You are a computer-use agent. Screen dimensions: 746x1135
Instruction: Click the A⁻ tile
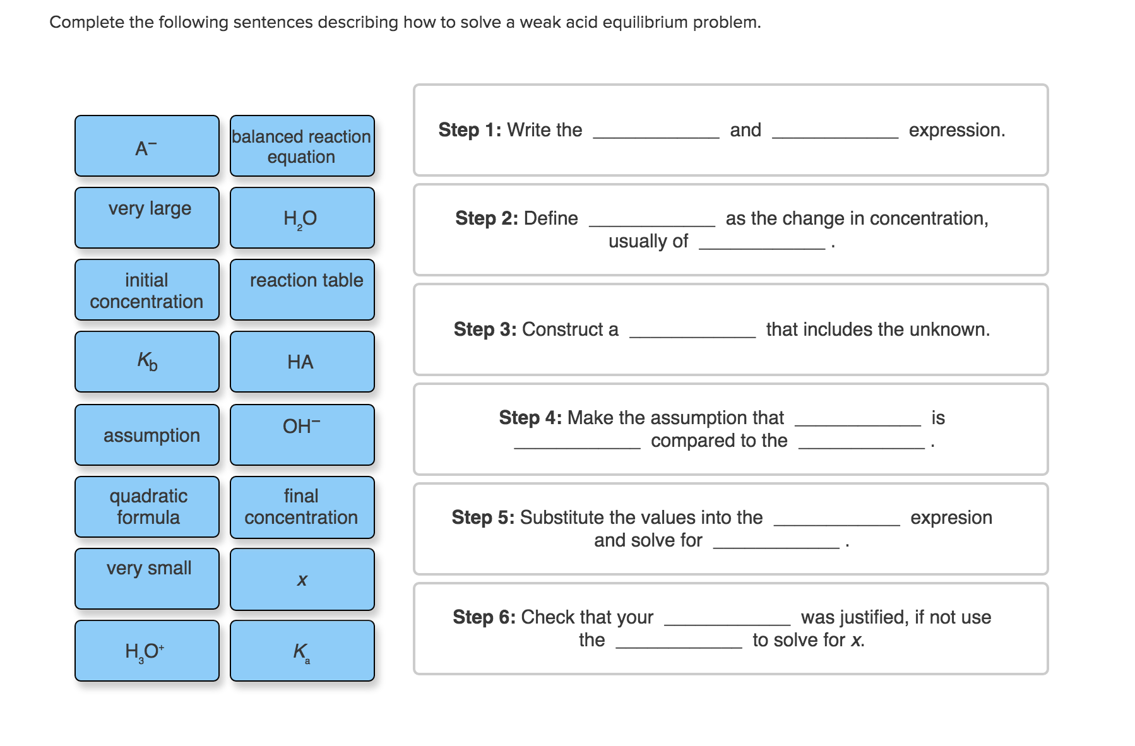pyautogui.click(x=146, y=146)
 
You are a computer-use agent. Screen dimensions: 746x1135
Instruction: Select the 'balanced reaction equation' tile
pyautogui.click(x=302, y=146)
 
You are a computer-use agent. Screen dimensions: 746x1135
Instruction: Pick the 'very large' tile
pyautogui.click(x=146, y=218)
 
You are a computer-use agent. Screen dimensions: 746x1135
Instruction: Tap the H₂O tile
pyautogui.click(x=302, y=218)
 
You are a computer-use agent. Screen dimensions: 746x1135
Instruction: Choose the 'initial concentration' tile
pyautogui.click(x=146, y=290)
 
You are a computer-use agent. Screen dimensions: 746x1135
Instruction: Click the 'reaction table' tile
pyautogui.click(x=302, y=290)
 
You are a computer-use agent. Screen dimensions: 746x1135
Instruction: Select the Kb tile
pyautogui.click(x=146, y=362)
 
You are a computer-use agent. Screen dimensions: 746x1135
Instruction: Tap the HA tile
pyautogui.click(x=302, y=362)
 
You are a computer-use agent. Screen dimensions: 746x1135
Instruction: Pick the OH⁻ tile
pyautogui.click(x=302, y=435)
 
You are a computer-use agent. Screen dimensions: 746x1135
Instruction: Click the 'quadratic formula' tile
pyautogui.click(x=146, y=507)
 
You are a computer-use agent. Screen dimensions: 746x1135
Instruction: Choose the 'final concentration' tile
pyautogui.click(x=302, y=507)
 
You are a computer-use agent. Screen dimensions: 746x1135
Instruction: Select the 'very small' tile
pyautogui.click(x=146, y=579)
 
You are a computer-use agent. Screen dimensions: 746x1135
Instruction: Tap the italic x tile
pyautogui.click(x=302, y=579)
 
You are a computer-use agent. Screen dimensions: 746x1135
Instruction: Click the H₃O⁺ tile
pyautogui.click(x=146, y=651)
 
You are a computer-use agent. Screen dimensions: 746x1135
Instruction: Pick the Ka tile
pyautogui.click(x=302, y=651)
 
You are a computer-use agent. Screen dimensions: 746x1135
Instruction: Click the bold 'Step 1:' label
pyautogui.click(x=470, y=130)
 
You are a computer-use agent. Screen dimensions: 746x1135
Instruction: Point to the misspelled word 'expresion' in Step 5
pyautogui.click(x=951, y=518)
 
